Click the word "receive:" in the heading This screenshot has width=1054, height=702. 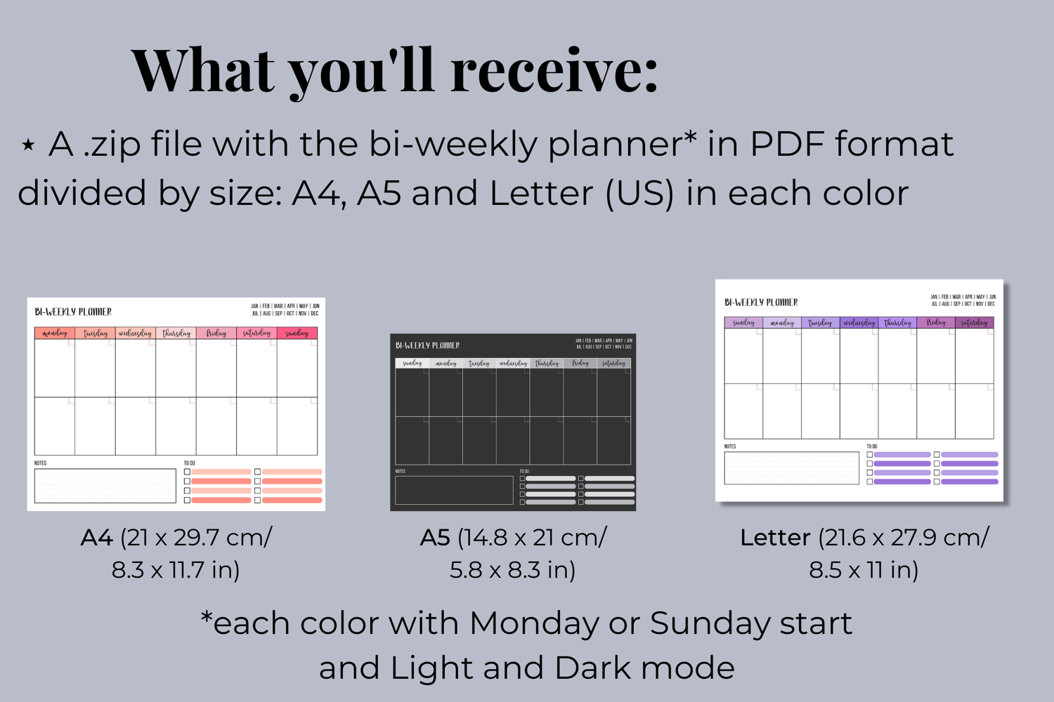554,70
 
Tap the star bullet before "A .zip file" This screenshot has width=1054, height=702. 28,145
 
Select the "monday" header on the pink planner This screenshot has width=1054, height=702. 55,333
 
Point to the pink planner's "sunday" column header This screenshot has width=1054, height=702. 297,333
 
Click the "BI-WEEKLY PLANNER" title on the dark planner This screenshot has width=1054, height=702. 427,345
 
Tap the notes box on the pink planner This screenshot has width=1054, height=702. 105,485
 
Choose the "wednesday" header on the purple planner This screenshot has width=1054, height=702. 859,323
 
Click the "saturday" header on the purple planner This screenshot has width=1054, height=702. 974,323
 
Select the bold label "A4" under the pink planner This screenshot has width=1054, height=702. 96,538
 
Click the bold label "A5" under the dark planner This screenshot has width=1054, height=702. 434,538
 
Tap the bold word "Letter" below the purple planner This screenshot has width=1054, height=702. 775,538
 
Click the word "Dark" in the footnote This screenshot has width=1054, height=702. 593,668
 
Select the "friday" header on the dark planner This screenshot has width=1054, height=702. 580,363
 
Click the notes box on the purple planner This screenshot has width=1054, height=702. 791,468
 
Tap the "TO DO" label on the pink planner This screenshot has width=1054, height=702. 190,463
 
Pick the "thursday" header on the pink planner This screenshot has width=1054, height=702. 176,333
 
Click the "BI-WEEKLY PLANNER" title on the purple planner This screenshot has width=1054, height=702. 761,303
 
